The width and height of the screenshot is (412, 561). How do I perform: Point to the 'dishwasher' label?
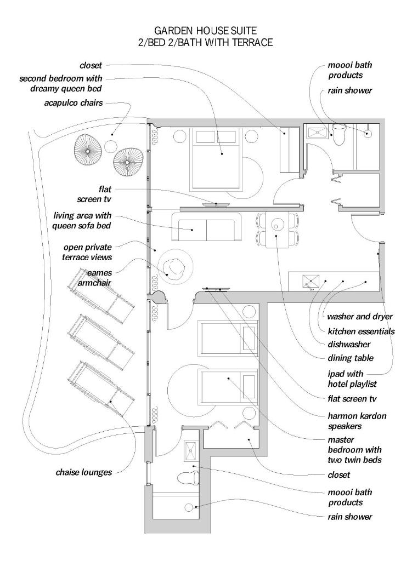(349, 345)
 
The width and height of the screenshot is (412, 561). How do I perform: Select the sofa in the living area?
(206, 226)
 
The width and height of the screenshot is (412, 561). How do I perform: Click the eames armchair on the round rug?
(176, 267)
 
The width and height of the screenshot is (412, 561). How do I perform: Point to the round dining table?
(278, 225)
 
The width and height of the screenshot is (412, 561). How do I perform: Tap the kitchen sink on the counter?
(311, 282)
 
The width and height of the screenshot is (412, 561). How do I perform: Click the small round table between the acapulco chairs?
(111, 146)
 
